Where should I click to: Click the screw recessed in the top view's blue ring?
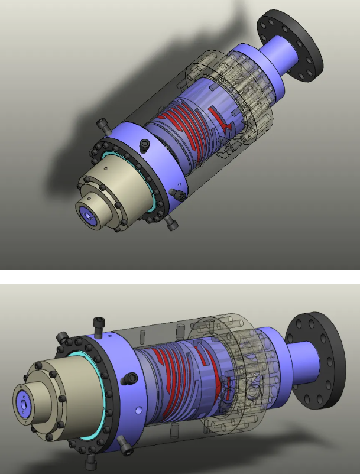(144, 144)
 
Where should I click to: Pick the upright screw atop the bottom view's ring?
(98, 325)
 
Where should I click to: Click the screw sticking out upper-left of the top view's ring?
(102, 125)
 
